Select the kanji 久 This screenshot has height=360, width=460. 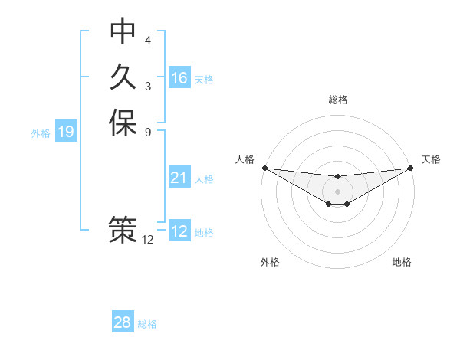123,77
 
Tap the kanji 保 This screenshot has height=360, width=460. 123,123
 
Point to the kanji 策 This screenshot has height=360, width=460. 123,231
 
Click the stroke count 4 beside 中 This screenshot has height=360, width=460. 148,40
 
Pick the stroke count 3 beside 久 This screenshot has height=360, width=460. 148,86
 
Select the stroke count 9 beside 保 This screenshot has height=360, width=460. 148,132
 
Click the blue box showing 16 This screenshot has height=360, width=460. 179,78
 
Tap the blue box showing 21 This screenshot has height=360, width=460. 179,178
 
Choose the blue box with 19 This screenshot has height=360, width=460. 66,133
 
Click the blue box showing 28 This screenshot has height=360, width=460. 122,323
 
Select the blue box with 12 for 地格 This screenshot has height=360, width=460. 179,232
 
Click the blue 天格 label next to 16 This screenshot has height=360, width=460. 204,80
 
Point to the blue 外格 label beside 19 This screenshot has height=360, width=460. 41,133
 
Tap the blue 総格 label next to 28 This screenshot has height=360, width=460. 147,324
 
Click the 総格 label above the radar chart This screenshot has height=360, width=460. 337,100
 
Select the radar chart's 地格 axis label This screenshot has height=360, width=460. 402,263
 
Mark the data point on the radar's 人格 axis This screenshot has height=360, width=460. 264,167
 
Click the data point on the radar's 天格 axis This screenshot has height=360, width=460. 411,167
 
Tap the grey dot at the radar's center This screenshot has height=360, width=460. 337,191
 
